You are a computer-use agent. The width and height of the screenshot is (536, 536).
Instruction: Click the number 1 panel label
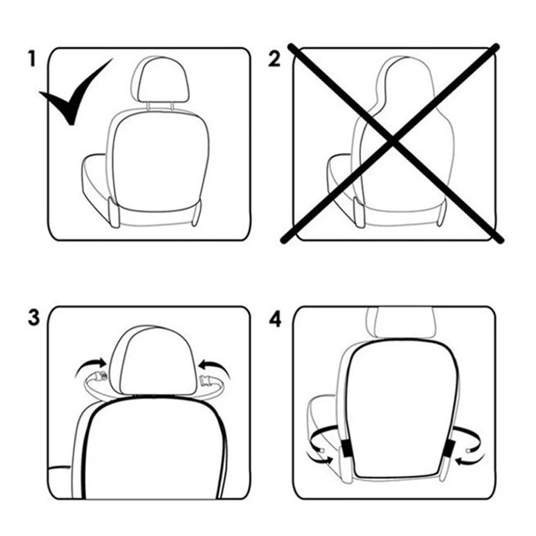point(31,58)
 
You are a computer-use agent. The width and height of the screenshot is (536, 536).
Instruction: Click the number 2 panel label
point(274,58)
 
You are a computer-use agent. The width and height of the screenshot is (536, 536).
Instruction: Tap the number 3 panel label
point(34,318)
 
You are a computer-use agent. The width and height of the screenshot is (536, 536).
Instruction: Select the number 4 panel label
point(275,320)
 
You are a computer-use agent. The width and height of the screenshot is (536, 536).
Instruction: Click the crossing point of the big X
point(393,141)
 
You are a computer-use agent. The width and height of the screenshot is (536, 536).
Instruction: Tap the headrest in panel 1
point(160,79)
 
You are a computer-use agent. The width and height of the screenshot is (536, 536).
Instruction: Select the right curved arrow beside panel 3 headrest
point(215,368)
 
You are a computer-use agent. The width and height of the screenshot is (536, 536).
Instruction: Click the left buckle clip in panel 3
point(99,377)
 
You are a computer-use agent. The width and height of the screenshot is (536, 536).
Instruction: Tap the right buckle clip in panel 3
point(207,380)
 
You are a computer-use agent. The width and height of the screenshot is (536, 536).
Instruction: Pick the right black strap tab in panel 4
point(448,449)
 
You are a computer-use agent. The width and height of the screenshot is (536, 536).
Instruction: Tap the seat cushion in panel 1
point(96,185)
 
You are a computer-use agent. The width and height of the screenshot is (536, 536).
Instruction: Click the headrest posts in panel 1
point(161,105)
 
